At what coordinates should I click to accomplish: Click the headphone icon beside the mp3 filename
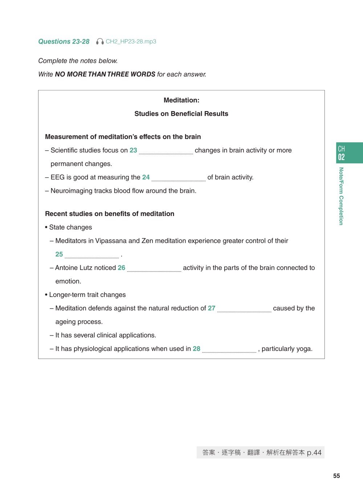tap(100, 41)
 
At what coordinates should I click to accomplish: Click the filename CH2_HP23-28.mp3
tap(131, 41)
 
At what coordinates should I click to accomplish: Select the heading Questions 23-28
tap(64, 41)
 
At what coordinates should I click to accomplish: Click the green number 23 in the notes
tap(133, 150)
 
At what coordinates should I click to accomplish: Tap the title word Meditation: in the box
tap(181, 100)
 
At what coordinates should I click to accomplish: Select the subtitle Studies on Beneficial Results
tap(181, 114)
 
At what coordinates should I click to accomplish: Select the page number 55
tap(337, 476)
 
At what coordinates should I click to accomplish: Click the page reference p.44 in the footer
tap(314, 453)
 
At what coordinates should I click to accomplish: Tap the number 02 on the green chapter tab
tap(341, 157)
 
